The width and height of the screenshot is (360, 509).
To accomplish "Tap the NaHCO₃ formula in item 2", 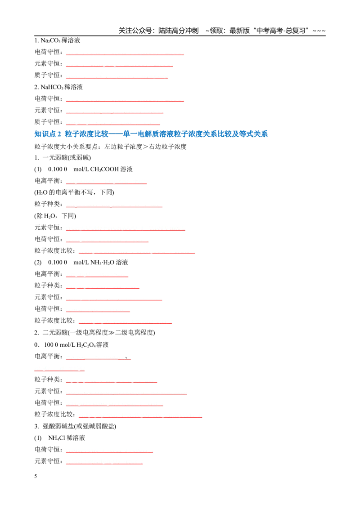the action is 52,87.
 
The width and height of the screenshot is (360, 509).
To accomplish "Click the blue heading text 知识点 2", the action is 47,134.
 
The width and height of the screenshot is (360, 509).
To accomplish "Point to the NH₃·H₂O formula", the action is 102,262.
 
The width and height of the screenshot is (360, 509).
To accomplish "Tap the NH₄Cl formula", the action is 57,438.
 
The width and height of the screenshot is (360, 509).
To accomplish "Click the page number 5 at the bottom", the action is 36,476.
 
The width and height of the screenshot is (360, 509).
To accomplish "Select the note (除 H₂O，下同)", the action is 55,216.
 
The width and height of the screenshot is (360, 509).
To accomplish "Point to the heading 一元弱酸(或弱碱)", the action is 67,158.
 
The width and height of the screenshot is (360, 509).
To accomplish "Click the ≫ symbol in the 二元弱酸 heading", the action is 111,333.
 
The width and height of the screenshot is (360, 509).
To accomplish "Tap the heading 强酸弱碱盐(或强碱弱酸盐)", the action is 79,426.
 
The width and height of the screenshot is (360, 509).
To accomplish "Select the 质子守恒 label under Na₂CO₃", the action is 47,75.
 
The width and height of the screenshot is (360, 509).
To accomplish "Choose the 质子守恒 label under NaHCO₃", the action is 47,122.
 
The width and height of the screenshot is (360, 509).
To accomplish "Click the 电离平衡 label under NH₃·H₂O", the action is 47,274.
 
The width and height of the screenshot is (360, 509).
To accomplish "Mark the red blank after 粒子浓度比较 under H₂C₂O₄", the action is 140,417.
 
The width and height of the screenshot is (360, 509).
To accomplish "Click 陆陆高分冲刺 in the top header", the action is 178,31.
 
